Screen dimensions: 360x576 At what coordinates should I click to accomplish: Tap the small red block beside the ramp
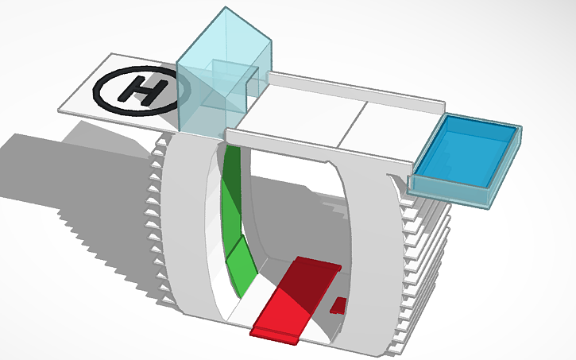point(338,304)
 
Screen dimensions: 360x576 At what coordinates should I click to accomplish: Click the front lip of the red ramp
point(274,334)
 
